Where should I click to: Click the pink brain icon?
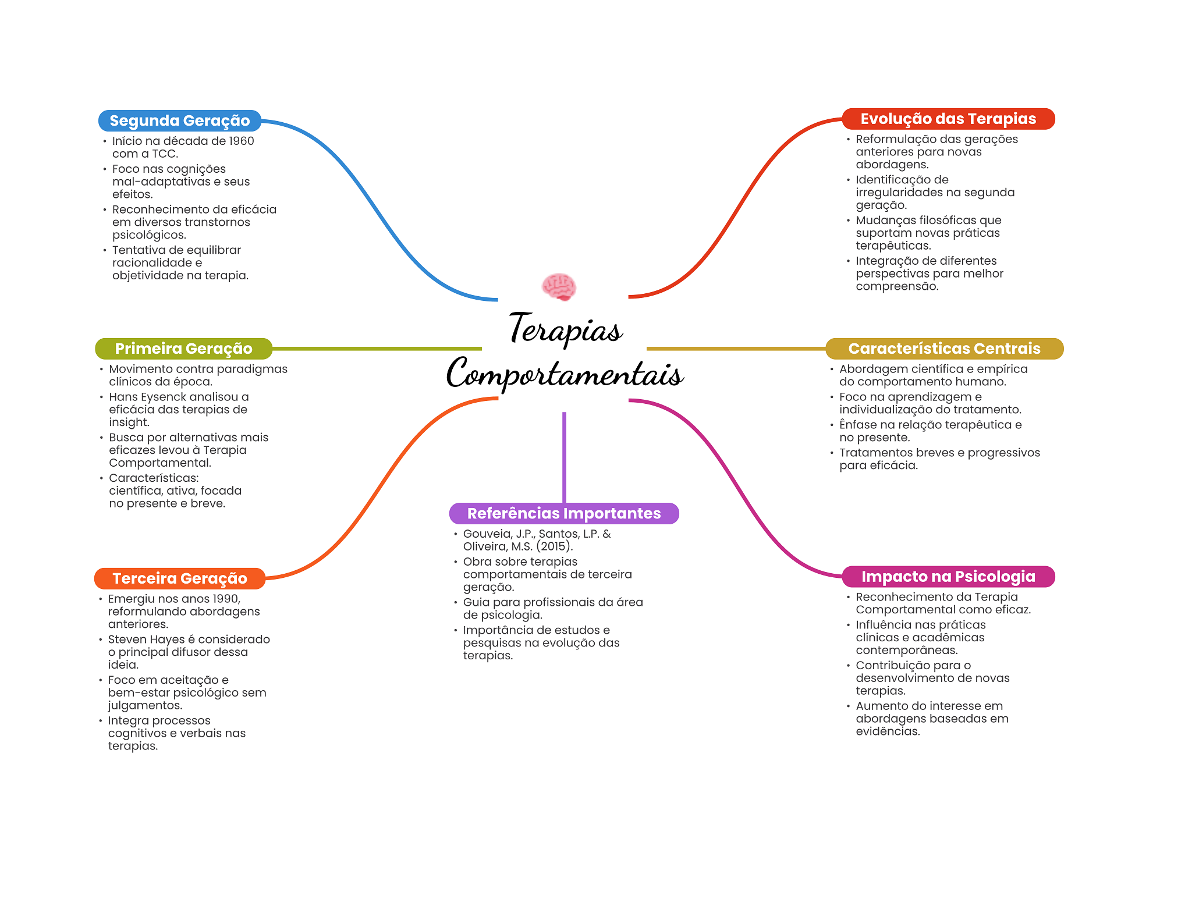[x=559, y=287]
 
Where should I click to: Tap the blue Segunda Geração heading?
[x=180, y=120]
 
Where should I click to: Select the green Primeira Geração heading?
[x=184, y=349]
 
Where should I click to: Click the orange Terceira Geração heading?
[x=180, y=578]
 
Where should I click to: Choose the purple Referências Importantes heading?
[x=564, y=513]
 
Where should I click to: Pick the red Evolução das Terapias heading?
[x=948, y=119]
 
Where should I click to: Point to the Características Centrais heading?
[x=944, y=349]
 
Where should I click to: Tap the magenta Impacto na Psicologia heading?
[x=948, y=577]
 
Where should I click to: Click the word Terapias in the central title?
[x=566, y=329]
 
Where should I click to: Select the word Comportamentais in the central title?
[x=565, y=373]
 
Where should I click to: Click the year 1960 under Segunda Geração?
[x=241, y=141]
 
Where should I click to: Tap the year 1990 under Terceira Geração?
[x=225, y=599]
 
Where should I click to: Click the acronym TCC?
[x=165, y=154]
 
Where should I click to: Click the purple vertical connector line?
[x=564, y=457]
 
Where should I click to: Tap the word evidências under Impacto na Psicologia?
[x=888, y=731]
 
